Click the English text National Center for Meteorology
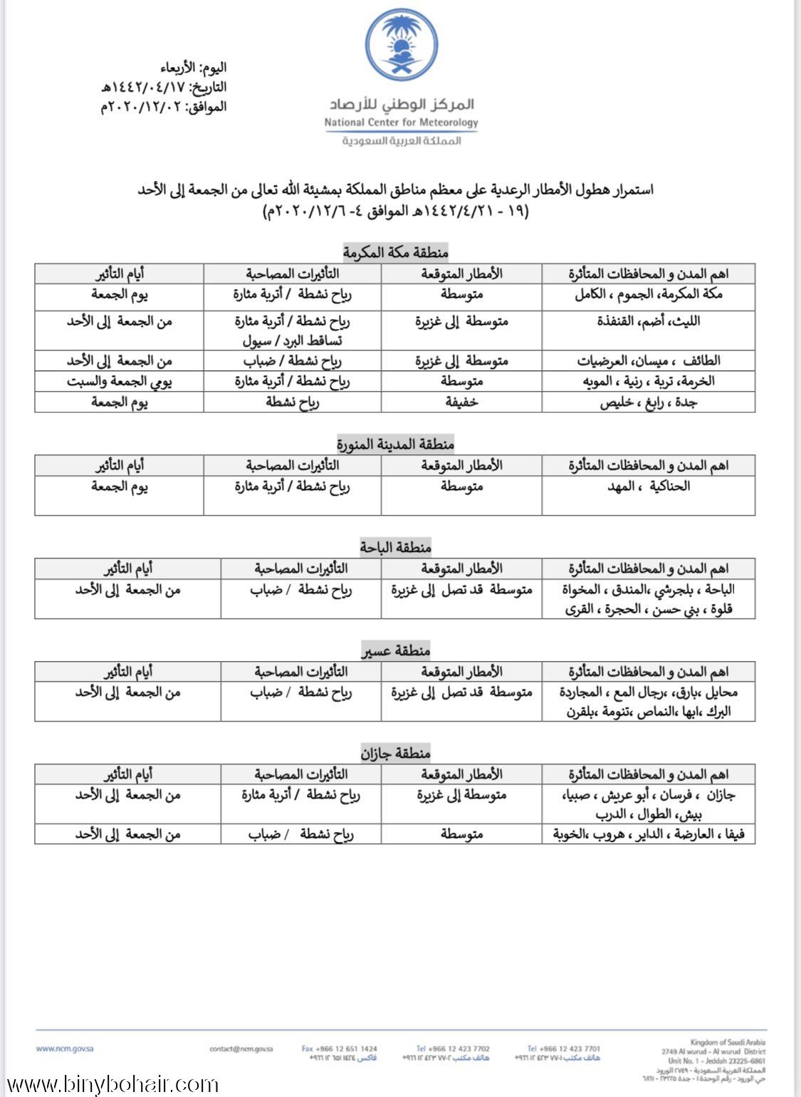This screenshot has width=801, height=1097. (x=401, y=123)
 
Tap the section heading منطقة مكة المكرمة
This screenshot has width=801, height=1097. (x=395, y=252)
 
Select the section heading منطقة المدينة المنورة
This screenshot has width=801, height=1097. (x=395, y=444)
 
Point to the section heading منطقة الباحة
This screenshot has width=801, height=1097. (x=395, y=547)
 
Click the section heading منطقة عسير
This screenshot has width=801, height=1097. (x=395, y=650)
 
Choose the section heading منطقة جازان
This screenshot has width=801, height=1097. (x=395, y=753)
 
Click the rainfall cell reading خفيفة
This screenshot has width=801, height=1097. (x=461, y=402)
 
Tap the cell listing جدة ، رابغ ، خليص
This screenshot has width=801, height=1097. (x=648, y=402)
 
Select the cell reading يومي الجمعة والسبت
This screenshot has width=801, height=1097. (x=120, y=381)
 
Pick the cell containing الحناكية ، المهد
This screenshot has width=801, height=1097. (x=648, y=487)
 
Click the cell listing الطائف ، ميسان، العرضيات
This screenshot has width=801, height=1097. (x=648, y=361)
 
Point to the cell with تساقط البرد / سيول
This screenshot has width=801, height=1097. (x=292, y=340)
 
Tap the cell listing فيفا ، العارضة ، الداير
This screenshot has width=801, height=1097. (x=648, y=834)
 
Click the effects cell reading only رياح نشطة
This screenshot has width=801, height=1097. (x=292, y=402)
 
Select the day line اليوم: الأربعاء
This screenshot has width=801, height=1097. (x=194, y=68)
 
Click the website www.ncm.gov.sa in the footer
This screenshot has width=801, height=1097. (x=65, y=1049)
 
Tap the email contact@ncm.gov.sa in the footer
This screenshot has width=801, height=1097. (x=241, y=1049)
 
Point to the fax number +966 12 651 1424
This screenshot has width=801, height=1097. (x=340, y=1049)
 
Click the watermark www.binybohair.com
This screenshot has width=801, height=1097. (x=110, y=1085)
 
